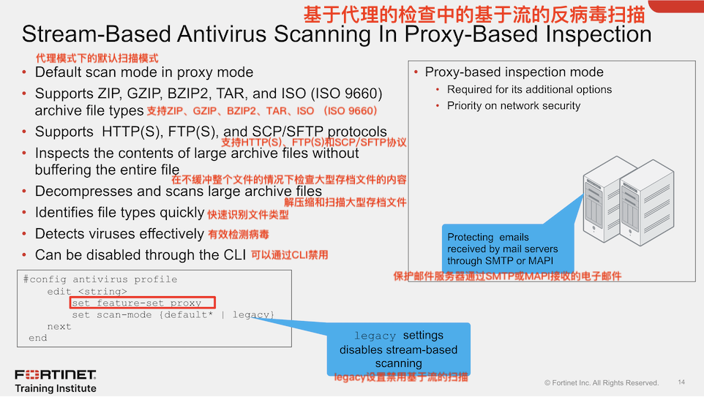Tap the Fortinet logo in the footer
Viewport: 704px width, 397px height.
tap(56, 374)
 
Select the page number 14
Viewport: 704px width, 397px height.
tap(681, 382)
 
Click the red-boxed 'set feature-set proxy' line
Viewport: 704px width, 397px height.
tap(143, 303)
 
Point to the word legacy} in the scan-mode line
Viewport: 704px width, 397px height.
tap(253, 315)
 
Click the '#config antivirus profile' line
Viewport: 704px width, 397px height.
tap(100, 279)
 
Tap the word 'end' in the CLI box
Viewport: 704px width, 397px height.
tap(37, 338)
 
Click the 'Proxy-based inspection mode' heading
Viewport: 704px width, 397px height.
tap(514, 72)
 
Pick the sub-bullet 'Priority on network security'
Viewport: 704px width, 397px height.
tap(514, 106)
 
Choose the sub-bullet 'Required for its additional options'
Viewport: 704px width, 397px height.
tap(529, 90)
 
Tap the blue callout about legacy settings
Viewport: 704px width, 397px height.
tap(398, 349)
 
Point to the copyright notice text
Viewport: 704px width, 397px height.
tap(602, 383)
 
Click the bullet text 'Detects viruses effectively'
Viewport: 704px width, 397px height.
tap(119, 234)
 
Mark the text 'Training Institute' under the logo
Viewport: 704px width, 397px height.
tap(56, 388)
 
